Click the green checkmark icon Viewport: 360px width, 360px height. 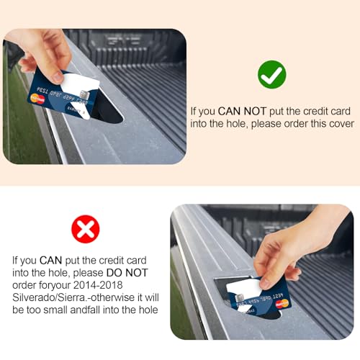pos(272,74)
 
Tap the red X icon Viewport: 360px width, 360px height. pos(86,229)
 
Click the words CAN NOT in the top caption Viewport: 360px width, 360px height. pos(242,111)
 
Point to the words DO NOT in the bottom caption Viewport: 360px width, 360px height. pos(127,273)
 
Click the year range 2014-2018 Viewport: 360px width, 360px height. pos(98,285)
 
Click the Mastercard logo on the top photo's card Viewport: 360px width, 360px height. pos(37,99)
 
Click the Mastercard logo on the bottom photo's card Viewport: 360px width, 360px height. pos(282,304)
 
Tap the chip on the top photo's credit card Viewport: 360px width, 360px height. pos(84,94)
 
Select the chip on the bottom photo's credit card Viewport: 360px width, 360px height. pos(240,298)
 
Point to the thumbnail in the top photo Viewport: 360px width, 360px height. pos(58,76)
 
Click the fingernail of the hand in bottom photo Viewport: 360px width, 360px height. pos(264,284)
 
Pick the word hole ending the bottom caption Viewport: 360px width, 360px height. pos(148,310)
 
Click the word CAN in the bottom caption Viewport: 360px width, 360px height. pos(51,261)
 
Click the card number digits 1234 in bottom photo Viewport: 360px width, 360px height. pos(278,296)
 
